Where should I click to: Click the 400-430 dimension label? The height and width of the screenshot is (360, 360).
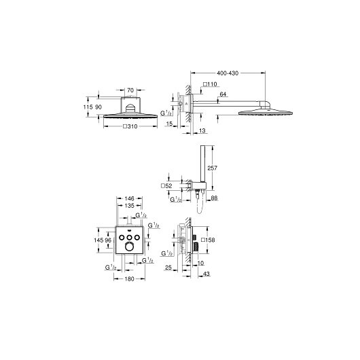pyautogui.click(x=228, y=73)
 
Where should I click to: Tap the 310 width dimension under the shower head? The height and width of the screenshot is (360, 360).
pyautogui.click(x=130, y=126)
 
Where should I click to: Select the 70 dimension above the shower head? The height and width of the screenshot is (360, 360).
pyautogui.click(x=130, y=90)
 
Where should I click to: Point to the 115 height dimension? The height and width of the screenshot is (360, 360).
pyautogui.click(x=88, y=107)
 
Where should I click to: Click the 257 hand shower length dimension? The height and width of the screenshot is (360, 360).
pyautogui.click(x=213, y=168)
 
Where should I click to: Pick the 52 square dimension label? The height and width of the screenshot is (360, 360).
pyautogui.click(x=166, y=185)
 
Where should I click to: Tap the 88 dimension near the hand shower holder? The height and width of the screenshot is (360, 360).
pyautogui.click(x=214, y=198)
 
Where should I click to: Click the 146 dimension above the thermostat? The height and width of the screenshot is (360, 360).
pyautogui.click(x=129, y=198)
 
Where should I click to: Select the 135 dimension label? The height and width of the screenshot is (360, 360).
pyautogui.click(x=129, y=206)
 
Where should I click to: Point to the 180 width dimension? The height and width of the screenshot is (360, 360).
pyautogui.click(x=129, y=279)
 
